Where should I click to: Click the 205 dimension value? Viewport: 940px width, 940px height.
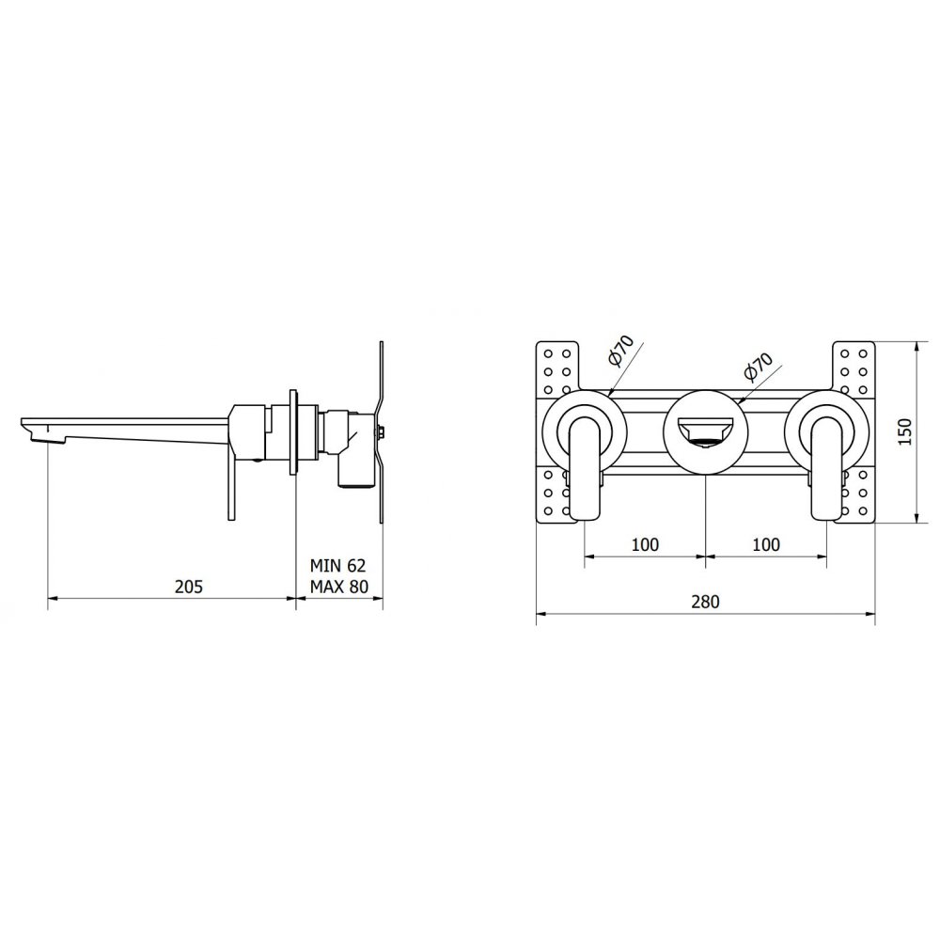tap(189, 586)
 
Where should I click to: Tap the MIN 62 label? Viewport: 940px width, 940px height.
tap(337, 565)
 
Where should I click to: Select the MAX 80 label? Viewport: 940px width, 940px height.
tap(338, 587)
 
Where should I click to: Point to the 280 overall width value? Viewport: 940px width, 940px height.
tap(705, 602)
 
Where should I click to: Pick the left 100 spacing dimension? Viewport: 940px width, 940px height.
tap(645, 544)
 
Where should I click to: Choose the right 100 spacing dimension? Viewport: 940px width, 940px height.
tap(766, 544)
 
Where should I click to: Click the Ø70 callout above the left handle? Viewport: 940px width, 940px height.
tap(620, 351)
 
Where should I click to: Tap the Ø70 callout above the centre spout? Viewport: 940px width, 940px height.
tap(758, 367)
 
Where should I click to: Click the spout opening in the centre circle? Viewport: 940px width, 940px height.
tap(705, 433)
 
